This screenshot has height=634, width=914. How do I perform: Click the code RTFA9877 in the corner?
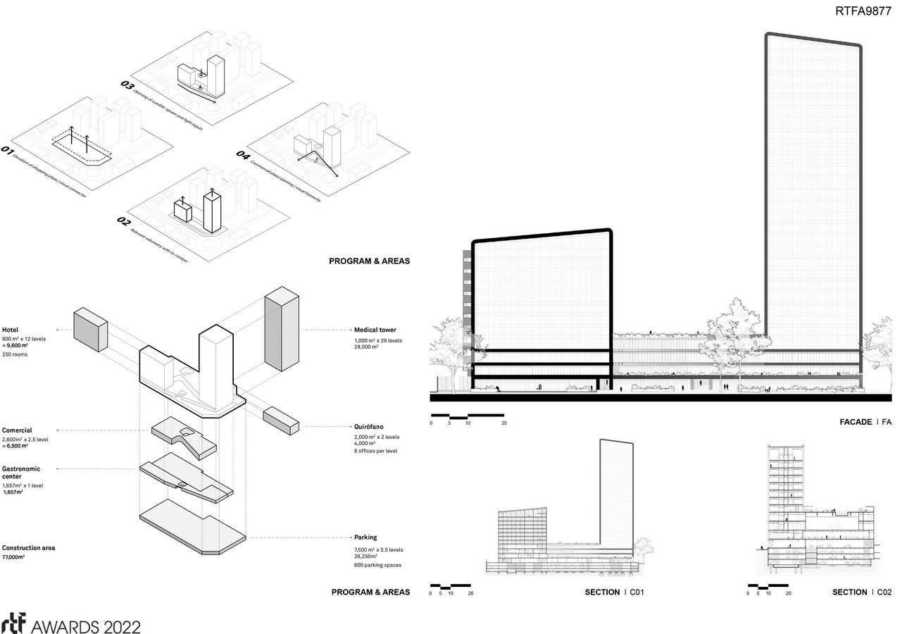coord(863,11)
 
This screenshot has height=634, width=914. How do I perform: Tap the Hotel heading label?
coord(10,330)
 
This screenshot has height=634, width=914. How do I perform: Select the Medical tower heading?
coord(375,330)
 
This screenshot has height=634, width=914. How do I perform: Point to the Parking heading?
coord(365,537)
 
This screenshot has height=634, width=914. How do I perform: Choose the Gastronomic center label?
coord(21,473)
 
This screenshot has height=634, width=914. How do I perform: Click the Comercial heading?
coord(17,430)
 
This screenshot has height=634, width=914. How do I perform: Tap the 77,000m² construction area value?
coord(13,557)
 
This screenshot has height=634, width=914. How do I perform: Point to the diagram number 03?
coord(127,85)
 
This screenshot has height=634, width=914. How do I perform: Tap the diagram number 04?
coord(242,154)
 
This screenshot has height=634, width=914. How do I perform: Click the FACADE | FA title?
coord(865,422)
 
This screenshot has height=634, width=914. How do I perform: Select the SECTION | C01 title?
coord(614,592)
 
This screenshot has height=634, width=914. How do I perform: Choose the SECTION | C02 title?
coord(861,592)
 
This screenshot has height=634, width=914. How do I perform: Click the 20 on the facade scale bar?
coord(503,423)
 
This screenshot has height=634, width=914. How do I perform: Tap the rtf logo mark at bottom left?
coord(14,624)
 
